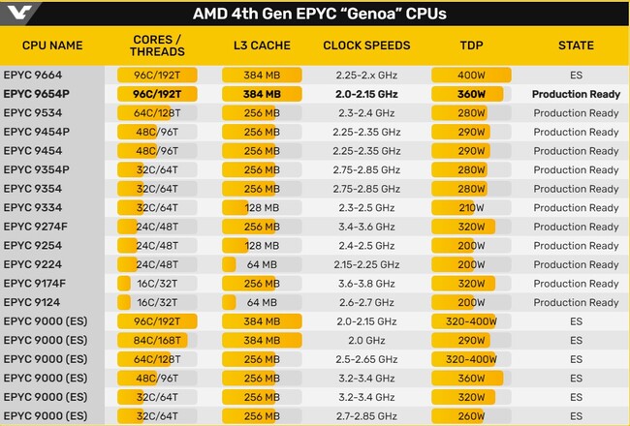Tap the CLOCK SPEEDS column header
tap(366, 46)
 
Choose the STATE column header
tap(576, 46)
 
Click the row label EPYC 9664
tap(32, 76)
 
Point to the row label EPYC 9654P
tap(36, 94)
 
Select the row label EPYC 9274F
tap(36, 227)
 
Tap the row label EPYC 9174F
tap(36, 283)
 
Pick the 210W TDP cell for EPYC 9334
tap(471, 207)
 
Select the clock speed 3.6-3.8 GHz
tap(366, 283)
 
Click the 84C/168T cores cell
tap(158, 340)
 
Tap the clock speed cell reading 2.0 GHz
tap(366, 340)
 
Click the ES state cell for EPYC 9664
tap(576, 76)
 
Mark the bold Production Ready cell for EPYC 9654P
tap(576, 94)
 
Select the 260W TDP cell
tap(472, 415)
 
